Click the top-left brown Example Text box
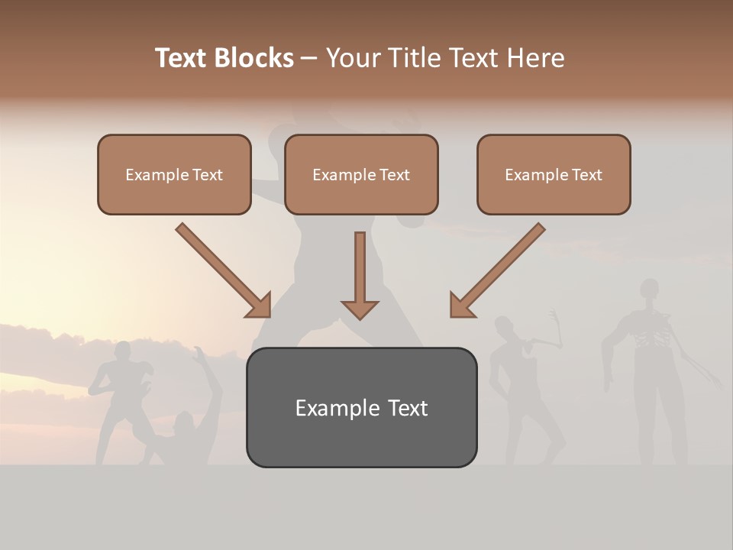[174, 174]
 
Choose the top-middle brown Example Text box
[361, 174]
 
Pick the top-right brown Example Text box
[554, 174]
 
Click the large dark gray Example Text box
[361, 407]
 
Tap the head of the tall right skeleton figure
[649, 290]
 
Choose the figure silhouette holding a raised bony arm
[519, 382]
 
